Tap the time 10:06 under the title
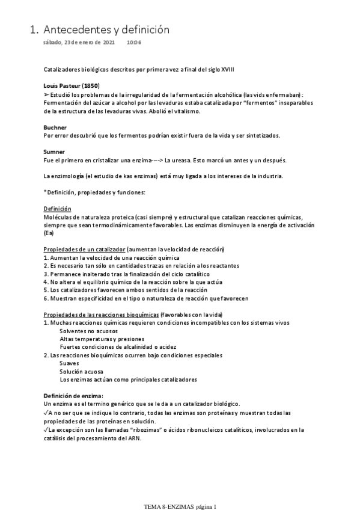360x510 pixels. tap(134, 43)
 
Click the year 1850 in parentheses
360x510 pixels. tap(90, 85)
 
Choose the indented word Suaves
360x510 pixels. tap(70, 364)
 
